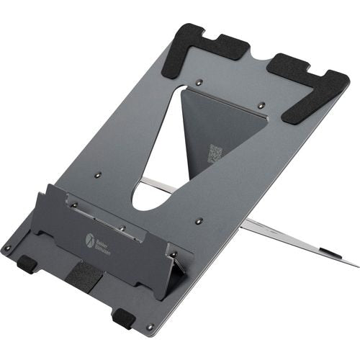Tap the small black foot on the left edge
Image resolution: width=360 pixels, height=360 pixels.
[x=27, y=264]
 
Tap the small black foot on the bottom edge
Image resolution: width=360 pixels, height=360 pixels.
[x=123, y=318]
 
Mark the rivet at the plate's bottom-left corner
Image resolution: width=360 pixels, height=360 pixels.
[x=8, y=249]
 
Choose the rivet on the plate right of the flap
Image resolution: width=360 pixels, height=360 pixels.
[x=199, y=221]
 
